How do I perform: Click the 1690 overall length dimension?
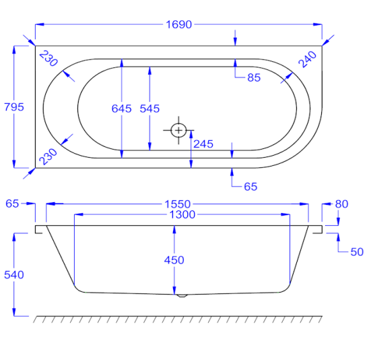pyautogui.click(x=179, y=24)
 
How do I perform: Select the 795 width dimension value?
pyautogui.click(x=14, y=107)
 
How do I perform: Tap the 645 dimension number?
pyautogui.click(x=121, y=109)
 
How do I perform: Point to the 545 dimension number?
pyautogui.click(x=149, y=109)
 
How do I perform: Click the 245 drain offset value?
pyautogui.click(x=203, y=144)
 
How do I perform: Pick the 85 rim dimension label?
pyautogui.click(x=254, y=78)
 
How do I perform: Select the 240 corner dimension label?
pyautogui.click(x=307, y=59)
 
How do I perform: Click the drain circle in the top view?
pyautogui.click(x=178, y=130)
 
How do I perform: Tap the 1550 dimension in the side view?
pyautogui.click(x=178, y=204)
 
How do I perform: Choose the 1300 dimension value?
pyautogui.click(x=182, y=214)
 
